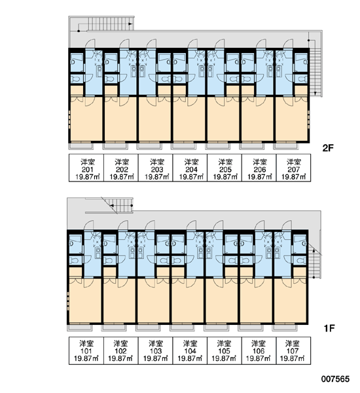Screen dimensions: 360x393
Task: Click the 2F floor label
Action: coord(328,148)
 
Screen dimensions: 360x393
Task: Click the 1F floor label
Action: coord(329,328)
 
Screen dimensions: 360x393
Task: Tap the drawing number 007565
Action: coord(335,379)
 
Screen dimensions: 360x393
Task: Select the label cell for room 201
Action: coord(86,168)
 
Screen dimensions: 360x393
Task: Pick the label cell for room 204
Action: coord(190,168)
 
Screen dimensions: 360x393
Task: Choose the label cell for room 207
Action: coord(294,168)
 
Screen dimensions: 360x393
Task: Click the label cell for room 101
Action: coord(86,350)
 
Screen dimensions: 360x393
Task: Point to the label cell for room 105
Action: coord(225,350)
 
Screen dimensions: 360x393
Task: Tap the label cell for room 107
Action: coord(294,350)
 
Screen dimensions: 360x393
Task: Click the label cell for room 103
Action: coord(156,350)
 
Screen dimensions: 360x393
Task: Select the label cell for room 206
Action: coord(259,168)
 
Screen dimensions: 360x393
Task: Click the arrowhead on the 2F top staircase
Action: coord(130,24)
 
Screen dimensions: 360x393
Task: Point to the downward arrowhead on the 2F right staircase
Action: coord(315,94)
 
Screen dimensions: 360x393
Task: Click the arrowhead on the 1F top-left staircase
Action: coord(112,206)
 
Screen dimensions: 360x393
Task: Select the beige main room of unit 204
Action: coord(189,119)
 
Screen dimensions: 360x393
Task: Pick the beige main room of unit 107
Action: coord(291,300)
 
